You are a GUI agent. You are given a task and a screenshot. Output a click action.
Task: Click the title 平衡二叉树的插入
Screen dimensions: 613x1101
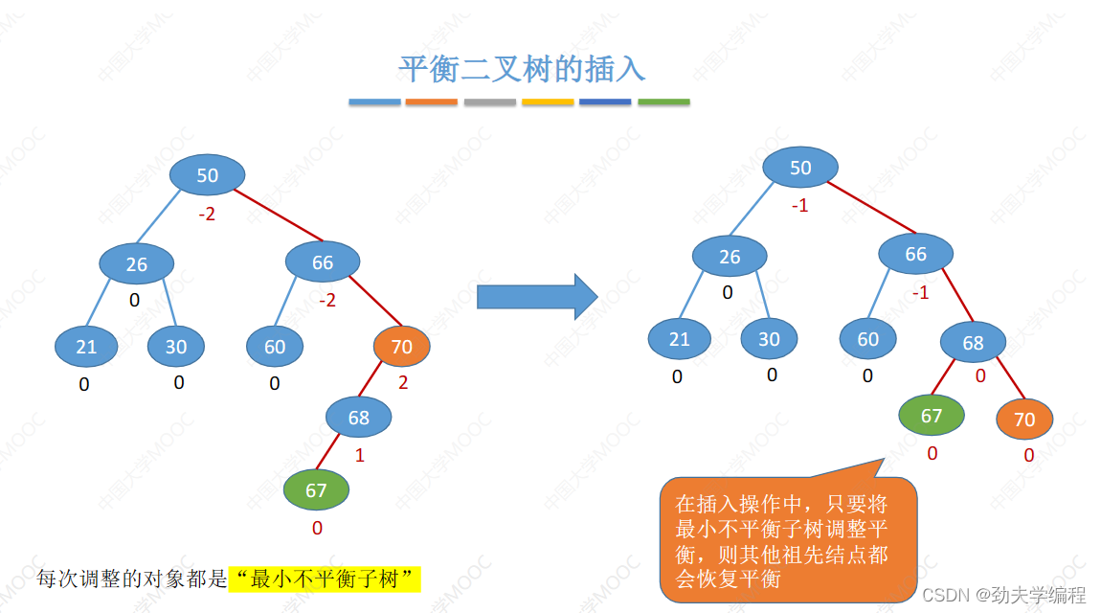point(522,68)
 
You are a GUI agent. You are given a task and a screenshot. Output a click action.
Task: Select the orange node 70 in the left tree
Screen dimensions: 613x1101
point(402,347)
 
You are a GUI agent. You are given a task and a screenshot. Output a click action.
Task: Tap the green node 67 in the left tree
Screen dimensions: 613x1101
point(316,491)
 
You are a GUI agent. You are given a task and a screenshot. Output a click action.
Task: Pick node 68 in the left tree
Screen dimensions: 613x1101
point(359,418)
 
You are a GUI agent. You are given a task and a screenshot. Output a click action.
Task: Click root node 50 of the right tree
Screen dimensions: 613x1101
point(800,169)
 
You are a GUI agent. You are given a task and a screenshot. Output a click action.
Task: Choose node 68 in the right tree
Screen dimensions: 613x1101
point(973,343)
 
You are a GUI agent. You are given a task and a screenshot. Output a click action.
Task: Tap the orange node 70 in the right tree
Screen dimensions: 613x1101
point(1024,420)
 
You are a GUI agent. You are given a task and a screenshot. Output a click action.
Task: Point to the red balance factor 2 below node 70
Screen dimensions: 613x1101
point(402,383)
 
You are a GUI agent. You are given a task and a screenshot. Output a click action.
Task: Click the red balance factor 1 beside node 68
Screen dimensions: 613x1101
point(360,456)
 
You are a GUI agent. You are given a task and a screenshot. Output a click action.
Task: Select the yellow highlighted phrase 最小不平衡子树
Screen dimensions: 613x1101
point(326,579)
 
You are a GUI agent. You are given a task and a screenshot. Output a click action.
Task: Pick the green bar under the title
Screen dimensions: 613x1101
point(663,102)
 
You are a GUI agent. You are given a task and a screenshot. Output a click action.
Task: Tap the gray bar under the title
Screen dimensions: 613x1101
point(490,102)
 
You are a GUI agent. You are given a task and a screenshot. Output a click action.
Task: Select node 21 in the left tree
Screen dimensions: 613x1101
point(86,347)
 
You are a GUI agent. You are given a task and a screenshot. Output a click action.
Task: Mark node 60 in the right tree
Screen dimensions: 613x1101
point(868,339)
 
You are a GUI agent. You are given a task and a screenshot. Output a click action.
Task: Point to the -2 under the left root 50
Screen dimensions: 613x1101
point(207,214)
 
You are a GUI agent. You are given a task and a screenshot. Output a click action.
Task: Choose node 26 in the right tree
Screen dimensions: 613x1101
point(730,257)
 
